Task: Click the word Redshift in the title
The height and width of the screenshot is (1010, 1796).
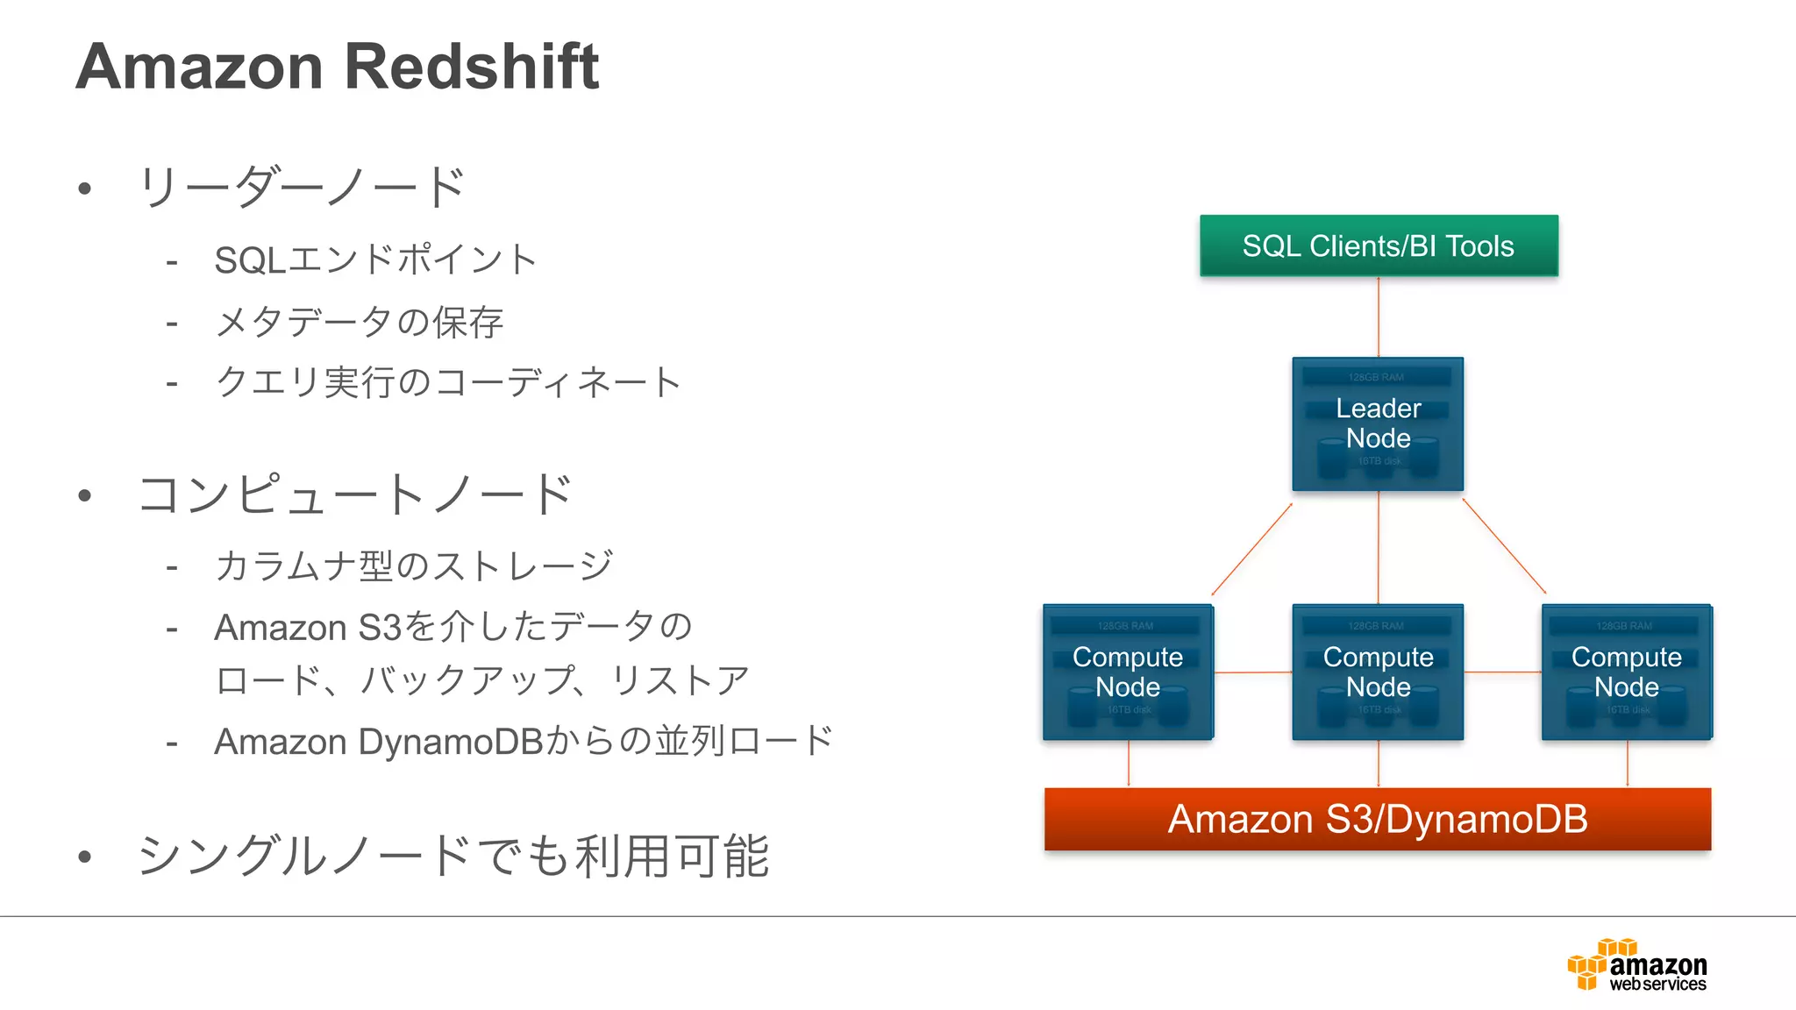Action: click(x=471, y=67)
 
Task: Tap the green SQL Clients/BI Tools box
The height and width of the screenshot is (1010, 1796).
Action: click(x=1378, y=246)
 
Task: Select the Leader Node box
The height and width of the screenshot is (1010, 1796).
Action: click(x=1378, y=423)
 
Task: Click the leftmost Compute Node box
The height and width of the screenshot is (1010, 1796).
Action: click(x=1128, y=672)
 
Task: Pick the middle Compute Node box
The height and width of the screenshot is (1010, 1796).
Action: click(x=1378, y=672)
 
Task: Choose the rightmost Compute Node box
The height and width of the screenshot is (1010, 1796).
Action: click(x=1626, y=672)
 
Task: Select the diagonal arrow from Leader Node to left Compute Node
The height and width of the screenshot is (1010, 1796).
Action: click(x=1251, y=550)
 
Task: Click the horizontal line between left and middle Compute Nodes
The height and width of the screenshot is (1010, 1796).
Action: click(x=1253, y=672)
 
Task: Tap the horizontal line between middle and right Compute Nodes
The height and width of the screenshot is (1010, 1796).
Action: click(x=1503, y=672)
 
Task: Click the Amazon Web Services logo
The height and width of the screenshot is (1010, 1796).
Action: click(x=1637, y=965)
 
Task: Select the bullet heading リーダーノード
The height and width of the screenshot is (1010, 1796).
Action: click(x=301, y=187)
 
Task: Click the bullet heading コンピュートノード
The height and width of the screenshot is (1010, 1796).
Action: click(x=355, y=494)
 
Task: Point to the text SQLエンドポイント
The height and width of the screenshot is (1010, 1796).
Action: click(x=375, y=260)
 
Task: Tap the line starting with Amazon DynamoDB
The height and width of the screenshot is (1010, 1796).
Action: click(x=524, y=742)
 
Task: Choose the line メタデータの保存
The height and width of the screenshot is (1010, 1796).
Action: click(x=360, y=323)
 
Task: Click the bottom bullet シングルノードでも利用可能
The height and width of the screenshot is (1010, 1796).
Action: click(x=453, y=857)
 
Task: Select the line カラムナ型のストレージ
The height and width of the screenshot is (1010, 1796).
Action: click(x=414, y=566)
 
